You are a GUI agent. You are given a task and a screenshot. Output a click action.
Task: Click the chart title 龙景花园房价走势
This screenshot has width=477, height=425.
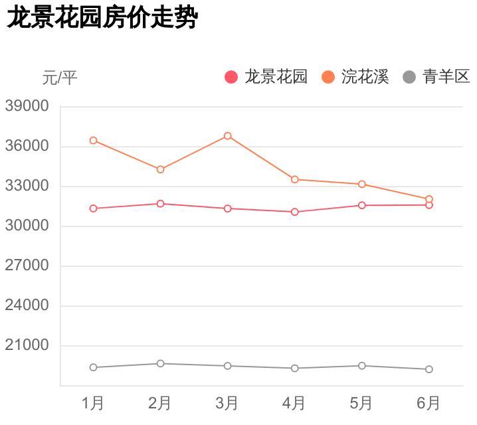[x=102, y=18]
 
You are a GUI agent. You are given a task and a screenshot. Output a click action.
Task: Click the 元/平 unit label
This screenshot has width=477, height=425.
[x=60, y=78]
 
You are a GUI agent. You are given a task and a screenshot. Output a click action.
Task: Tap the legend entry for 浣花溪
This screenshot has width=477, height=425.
[x=356, y=77]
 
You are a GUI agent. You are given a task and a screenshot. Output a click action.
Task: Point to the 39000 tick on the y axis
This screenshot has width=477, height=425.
[x=27, y=106]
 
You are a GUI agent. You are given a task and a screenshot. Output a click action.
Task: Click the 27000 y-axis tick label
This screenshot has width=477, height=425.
[x=27, y=266]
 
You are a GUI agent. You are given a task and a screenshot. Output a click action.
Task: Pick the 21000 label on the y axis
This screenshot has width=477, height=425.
[x=27, y=345]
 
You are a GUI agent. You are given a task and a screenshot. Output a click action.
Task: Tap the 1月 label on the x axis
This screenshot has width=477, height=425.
[x=93, y=403]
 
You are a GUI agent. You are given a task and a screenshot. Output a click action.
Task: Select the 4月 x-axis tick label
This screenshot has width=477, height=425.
[x=294, y=403]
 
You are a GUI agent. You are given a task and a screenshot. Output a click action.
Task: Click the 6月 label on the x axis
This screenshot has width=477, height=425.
[x=429, y=403]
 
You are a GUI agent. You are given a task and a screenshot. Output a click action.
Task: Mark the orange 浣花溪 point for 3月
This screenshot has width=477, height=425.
[x=228, y=135]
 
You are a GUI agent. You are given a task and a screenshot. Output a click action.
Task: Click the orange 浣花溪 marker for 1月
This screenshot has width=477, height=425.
[x=94, y=140]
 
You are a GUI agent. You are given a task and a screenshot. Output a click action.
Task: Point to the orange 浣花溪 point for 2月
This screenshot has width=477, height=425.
[x=161, y=169]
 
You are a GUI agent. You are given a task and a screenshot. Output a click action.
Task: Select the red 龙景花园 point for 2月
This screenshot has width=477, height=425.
[x=161, y=204]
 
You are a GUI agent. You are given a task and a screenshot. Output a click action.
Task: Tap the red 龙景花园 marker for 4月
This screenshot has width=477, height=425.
[x=294, y=212]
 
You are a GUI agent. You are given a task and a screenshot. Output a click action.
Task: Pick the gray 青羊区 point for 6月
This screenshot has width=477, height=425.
[x=429, y=369]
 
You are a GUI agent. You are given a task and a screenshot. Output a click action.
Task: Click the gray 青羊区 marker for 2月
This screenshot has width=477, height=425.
[x=161, y=363]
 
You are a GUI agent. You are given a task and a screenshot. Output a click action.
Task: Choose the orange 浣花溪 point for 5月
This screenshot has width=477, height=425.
[x=362, y=184]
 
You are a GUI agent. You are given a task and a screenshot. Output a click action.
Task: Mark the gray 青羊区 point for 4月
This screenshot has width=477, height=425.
[x=294, y=368]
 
